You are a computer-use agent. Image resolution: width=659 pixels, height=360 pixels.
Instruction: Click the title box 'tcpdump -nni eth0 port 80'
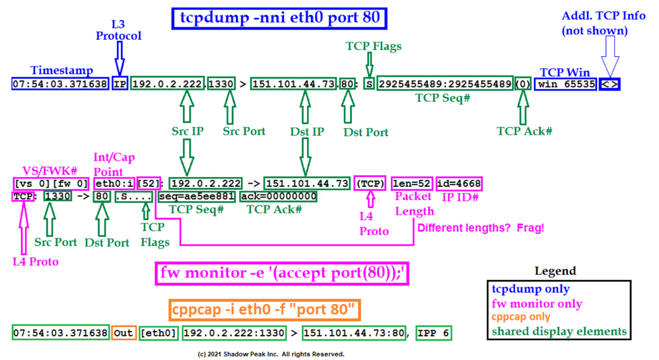pyautogui.click(x=281, y=18)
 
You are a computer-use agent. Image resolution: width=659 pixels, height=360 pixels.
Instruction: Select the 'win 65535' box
pyautogui.click(x=566, y=84)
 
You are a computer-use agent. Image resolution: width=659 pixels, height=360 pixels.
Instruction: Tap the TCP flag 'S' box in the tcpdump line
pyautogui.click(x=368, y=84)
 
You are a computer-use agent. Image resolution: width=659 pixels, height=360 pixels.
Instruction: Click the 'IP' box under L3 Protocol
pyautogui.click(x=120, y=84)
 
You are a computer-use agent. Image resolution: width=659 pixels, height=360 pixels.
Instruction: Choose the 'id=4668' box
pyautogui.click(x=459, y=183)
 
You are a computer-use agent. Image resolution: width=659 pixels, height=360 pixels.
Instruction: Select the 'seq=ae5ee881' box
pyautogui.click(x=197, y=196)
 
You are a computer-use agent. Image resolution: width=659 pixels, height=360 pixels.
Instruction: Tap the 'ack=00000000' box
pyautogui.click(x=278, y=196)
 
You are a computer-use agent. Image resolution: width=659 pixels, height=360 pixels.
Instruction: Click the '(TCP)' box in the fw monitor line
pyautogui.click(x=370, y=183)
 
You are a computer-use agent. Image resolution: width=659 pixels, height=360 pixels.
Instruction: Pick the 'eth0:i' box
pyautogui.click(x=113, y=183)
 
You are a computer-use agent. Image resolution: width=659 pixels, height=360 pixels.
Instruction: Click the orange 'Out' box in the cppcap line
pyautogui.click(x=123, y=333)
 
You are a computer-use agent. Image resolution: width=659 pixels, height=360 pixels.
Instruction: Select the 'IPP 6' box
pyautogui.click(x=433, y=333)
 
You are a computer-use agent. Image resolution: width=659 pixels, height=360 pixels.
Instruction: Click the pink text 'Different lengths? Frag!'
pyautogui.click(x=479, y=229)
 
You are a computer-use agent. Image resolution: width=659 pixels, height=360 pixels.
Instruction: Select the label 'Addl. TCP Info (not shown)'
pyautogui.click(x=603, y=23)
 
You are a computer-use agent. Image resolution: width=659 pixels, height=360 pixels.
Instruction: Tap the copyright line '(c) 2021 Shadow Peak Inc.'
pyautogui.click(x=271, y=355)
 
